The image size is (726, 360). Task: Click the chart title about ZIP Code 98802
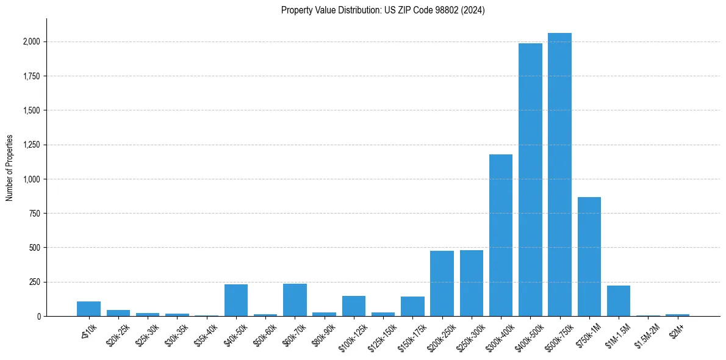[x=383, y=10]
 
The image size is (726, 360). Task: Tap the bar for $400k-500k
[x=530, y=180]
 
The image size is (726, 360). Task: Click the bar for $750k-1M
[x=589, y=257]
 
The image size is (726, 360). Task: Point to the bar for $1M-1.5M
[x=619, y=301]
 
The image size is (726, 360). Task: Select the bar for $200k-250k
[x=442, y=284]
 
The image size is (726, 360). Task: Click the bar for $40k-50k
[x=236, y=300]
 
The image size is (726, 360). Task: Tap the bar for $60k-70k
[x=295, y=300]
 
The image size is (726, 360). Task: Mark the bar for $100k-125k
[x=354, y=306]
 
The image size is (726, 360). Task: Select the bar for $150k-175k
[x=412, y=306]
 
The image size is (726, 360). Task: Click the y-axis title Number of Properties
[x=10, y=168]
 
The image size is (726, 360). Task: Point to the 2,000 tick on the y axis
[x=32, y=42]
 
